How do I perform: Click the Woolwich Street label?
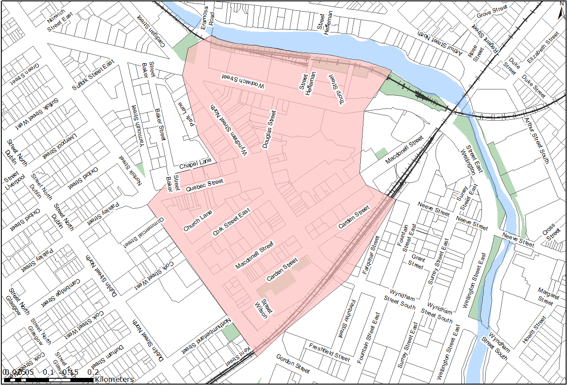pos(243,81)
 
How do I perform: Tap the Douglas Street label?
pos(269,130)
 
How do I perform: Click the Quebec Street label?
pos(204,184)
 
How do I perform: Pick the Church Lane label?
pos(198,221)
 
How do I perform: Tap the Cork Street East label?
pos(232,223)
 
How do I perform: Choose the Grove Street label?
pos(492,12)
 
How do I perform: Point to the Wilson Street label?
pos(263,309)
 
